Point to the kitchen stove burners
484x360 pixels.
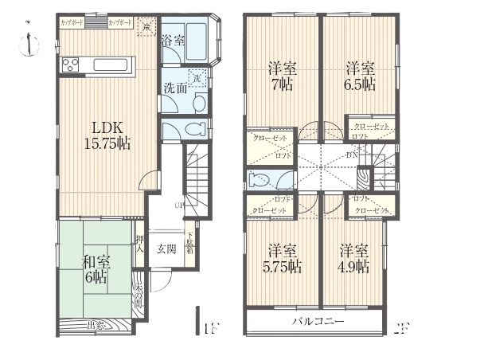(x=68, y=65)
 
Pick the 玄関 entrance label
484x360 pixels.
(x=166, y=248)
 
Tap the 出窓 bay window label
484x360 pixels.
(x=95, y=324)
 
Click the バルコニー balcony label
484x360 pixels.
(x=317, y=322)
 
